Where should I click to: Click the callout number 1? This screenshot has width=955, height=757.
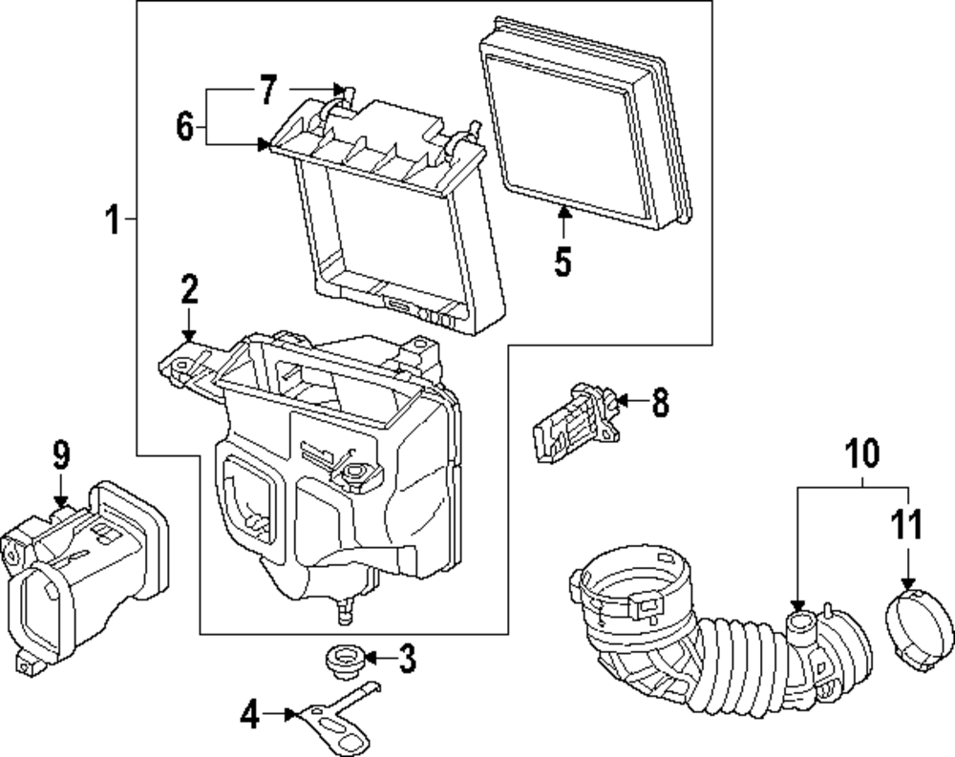pyautogui.click(x=113, y=221)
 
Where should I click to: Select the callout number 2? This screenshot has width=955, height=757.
pyautogui.click(x=189, y=288)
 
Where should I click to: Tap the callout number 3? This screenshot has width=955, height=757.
pyautogui.click(x=407, y=657)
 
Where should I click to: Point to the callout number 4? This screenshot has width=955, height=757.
pyautogui.click(x=249, y=712)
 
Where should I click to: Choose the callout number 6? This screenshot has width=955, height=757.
pyautogui.click(x=185, y=125)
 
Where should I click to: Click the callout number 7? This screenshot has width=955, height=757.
pyautogui.click(x=267, y=91)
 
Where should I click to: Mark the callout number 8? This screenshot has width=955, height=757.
pyautogui.click(x=659, y=402)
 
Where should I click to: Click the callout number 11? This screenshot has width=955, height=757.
pyautogui.click(x=907, y=526)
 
